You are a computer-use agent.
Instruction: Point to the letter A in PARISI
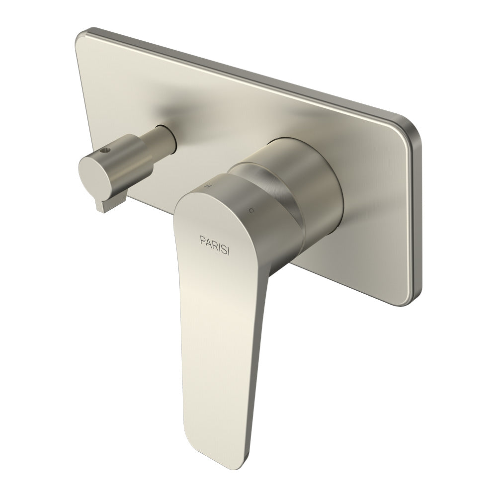pyautogui.click(x=207, y=239)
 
